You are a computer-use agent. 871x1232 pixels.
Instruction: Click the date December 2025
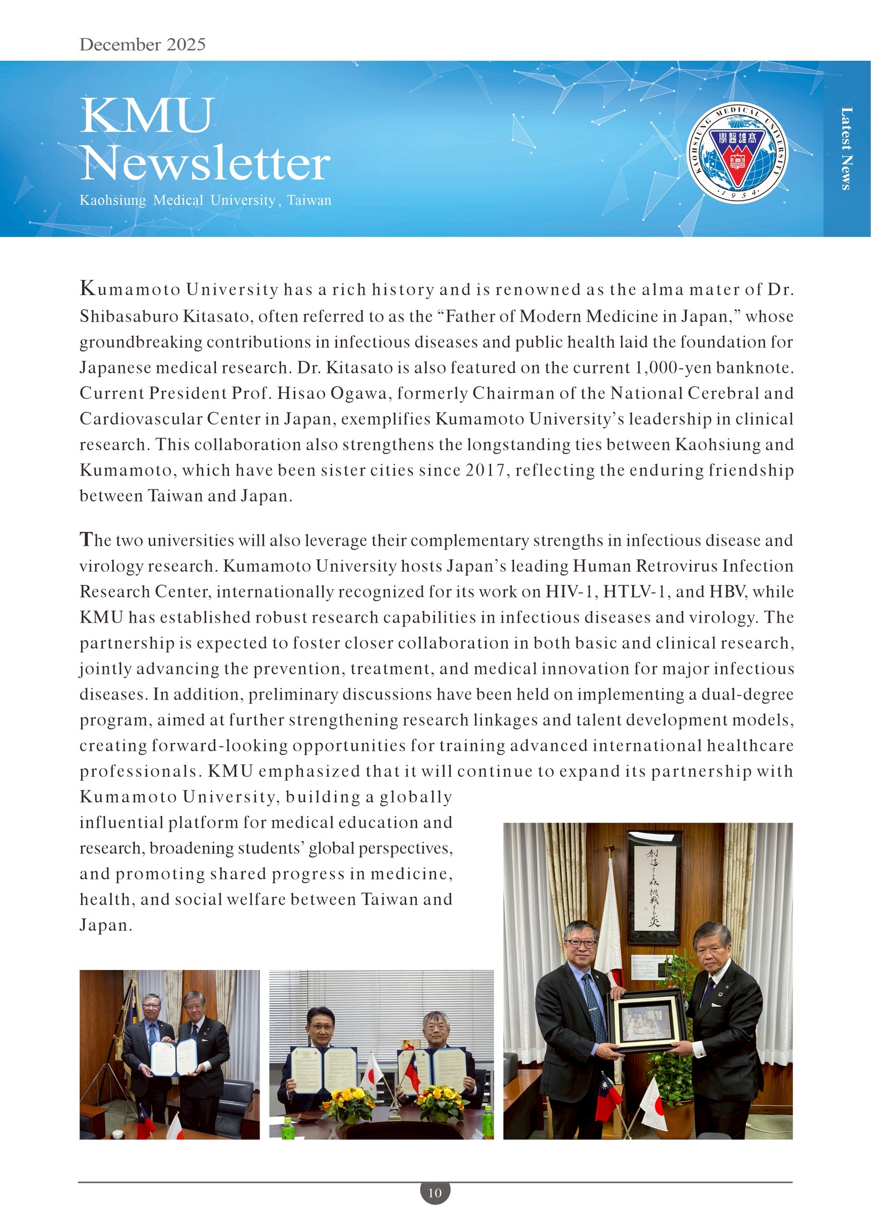142,44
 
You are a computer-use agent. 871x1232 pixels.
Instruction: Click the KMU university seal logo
737,152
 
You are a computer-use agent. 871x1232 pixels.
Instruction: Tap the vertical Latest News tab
846,149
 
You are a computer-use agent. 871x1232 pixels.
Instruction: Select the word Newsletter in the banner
205,163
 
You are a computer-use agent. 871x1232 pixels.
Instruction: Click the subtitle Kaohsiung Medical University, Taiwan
205,200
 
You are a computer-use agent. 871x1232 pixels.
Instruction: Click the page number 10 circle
435,1193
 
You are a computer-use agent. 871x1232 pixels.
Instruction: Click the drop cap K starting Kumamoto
87,289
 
